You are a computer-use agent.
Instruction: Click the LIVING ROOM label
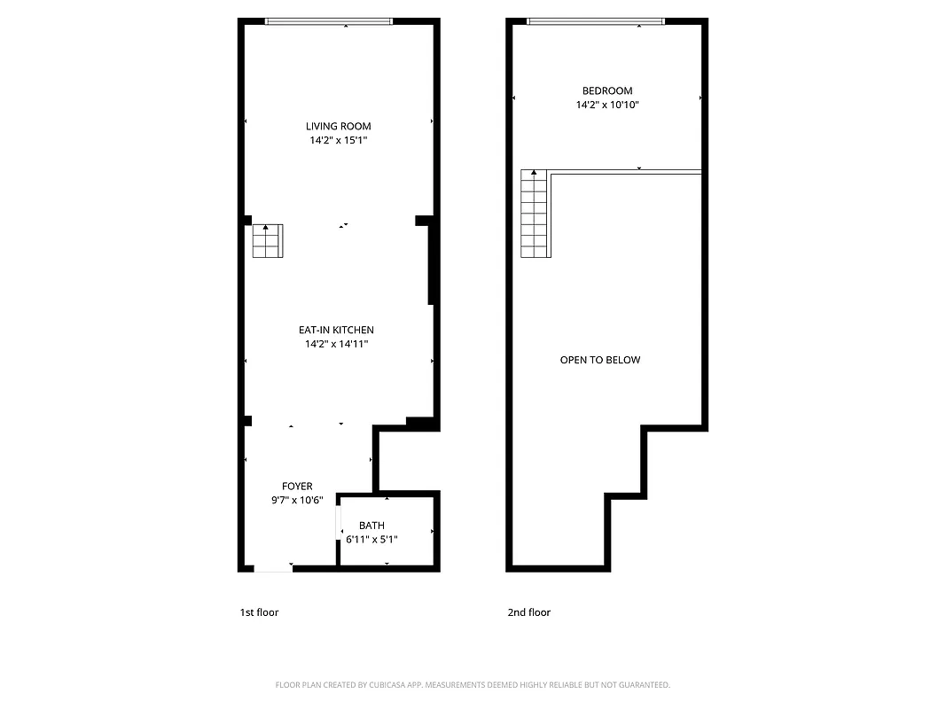pyautogui.click(x=338, y=126)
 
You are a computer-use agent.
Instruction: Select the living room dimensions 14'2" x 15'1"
pyautogui.click(x=338, y=140)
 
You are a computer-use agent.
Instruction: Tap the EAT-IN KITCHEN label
pyautogui.click(x=336, y=330)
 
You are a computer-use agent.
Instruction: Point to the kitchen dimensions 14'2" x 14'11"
pyautogui.click(x=336, y=344)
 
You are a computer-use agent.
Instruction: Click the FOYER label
pyautogui.click(x=297, y=486)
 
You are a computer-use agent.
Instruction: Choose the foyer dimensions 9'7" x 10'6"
pyautogui.click(x=297, y=500)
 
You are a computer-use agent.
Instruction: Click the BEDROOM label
pyautogui.click(x=607, y=90)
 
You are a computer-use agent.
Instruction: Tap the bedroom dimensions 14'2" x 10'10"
pyautogui.click(x=607, y=105)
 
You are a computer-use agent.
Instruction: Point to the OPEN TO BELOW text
pyautogui.click(x=600, y=360)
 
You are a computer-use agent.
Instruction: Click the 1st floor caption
pyautogui.click(x=259, y=612)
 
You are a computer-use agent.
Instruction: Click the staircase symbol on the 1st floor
pyautogui.click(x=267, y=241)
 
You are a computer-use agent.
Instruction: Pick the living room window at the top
pyautogui.click(x=329, y=21)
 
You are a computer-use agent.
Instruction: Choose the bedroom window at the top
pyautogui.click(x=595, y=21)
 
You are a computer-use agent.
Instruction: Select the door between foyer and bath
pyautogui.click(x=339, y=522)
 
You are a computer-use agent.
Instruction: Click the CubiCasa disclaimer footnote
pyautogui.click(x=473, y=685)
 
